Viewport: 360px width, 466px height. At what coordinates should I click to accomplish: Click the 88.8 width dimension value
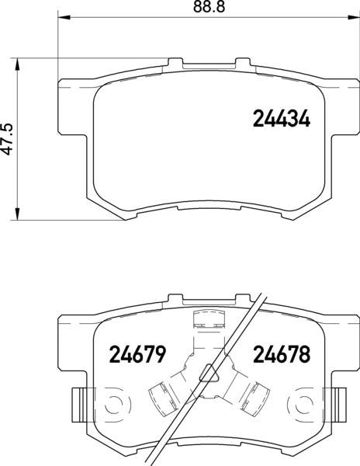click(x=209, y=7)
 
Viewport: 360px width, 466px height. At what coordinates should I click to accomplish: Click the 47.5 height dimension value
click(x=7, y=139)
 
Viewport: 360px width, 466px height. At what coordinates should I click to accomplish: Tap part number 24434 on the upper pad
click(x=282, y=119)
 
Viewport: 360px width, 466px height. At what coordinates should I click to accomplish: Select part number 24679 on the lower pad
click(x=137, y=354)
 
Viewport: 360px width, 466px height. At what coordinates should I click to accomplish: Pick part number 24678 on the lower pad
click(x=282, y=354)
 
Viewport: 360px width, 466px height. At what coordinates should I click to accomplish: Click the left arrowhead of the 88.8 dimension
click(x=64, y=18)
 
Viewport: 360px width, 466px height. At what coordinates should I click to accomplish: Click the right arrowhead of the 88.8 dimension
click(x=354, y=18)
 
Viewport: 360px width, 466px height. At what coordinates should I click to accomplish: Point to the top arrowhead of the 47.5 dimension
click(x=18, y=64)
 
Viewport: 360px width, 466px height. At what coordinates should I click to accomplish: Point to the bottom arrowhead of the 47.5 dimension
click(x=18, y=214)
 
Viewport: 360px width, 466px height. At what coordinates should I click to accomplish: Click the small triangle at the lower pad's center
click(x=209, y=373)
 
